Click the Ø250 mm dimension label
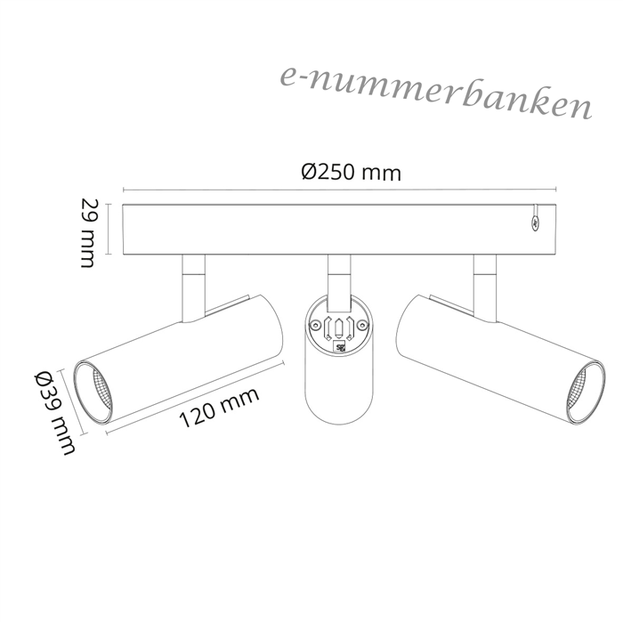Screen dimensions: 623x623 tap(352, 173)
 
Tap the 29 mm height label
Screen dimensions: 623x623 tap(88, 233)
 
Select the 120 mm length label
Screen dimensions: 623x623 tap(219, 408)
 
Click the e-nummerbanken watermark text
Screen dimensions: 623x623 tap(436, 93)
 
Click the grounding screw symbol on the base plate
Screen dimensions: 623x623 tap(536, 223)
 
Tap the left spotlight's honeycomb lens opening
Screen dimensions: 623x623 tap(100, 392)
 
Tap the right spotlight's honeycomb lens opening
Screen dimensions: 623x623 tap(580, 391)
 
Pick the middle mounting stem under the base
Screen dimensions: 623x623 tap(339, 283)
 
